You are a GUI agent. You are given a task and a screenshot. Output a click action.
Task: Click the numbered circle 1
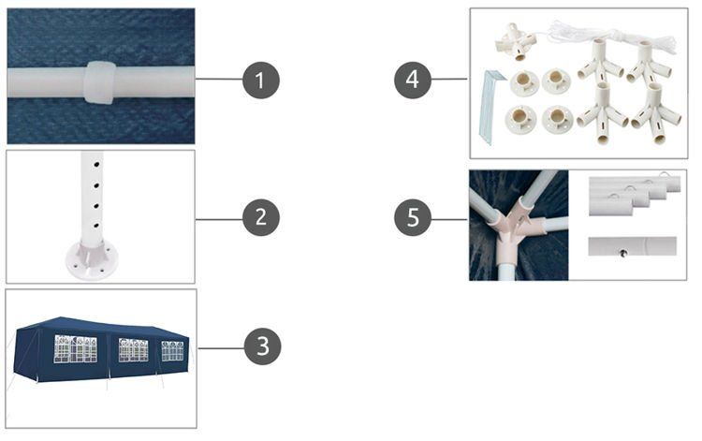click(261, 81)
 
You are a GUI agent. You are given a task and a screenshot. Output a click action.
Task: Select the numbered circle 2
click(261, 217)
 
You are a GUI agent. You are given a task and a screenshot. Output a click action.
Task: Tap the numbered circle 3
click(263, 346)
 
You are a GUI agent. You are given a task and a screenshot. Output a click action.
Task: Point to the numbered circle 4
click(413, 81)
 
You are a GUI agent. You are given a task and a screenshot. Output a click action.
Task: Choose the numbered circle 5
click(413, 217)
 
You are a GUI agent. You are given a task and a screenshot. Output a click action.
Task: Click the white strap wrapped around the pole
click(99, 82)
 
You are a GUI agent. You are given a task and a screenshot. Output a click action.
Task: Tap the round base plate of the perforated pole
click(93, 260)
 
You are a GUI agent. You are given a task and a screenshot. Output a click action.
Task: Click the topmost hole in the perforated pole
click(96, 165)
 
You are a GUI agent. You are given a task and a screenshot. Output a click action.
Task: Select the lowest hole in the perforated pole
click(96, 226)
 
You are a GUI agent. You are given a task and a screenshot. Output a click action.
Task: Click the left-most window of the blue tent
click(75, 348)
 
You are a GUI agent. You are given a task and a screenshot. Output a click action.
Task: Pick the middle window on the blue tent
click(134, 350)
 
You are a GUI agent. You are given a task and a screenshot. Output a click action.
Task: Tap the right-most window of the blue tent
click(173, 351)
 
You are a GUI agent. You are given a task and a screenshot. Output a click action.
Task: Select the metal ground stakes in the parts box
click(491, 106)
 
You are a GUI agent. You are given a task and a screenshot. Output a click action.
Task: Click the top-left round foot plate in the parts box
click(523, 82)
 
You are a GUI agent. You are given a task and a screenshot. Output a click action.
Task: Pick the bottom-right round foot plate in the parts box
click(558, 119)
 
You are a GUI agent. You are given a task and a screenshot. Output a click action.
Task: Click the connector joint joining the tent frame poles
click(519, 220)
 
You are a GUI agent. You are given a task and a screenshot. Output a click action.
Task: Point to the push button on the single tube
click(622, 254)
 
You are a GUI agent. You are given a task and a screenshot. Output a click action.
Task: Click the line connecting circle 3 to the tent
click(221, 348)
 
